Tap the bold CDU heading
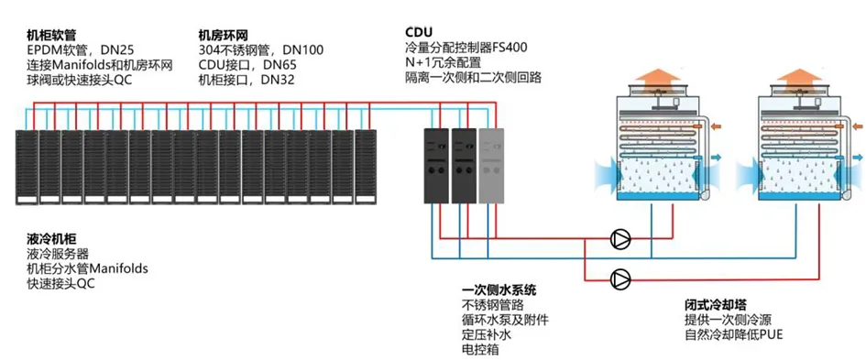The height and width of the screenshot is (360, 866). (x=418, y=31)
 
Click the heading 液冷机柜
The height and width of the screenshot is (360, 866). (x=51, y=239)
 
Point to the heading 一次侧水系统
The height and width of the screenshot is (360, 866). (x=499, y=289)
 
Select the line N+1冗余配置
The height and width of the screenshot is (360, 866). (x=443, y=62)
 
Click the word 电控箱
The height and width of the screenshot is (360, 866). (x=477, y=350)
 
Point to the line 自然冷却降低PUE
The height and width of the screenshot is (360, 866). (x=734, y=334)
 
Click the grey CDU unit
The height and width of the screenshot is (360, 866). (x=491, y=165)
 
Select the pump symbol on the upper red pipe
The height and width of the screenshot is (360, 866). (x=620, y=239)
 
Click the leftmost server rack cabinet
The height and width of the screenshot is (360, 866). (x=27, y=167)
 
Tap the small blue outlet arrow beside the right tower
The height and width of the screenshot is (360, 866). (x=858, y=158)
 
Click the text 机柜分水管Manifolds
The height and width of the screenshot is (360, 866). (x=87, y=269)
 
